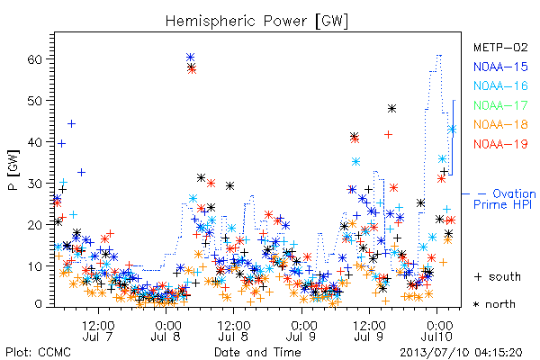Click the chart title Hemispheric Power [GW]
tap(256, 22)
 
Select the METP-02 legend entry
tap(500, 47)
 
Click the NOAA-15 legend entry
tap(500, 67)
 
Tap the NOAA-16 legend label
tap(500, 85)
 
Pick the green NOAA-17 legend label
tap(500, 105)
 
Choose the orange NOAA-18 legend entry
tap(500, 124)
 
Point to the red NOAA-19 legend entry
tap(500, 144)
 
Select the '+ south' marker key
tap(498, 276)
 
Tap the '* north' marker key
tap(494, 304)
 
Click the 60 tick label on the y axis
tap(34, 59)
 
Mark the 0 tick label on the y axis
tap(39, 304)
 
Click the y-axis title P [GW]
tap(13, 170)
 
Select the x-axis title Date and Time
tap(257, 353)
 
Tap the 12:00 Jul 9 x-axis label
tap(369, 330)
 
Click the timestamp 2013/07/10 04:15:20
tap(461, 353)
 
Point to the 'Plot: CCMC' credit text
tap(38, 353)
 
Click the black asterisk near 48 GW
tap(391, 109)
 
